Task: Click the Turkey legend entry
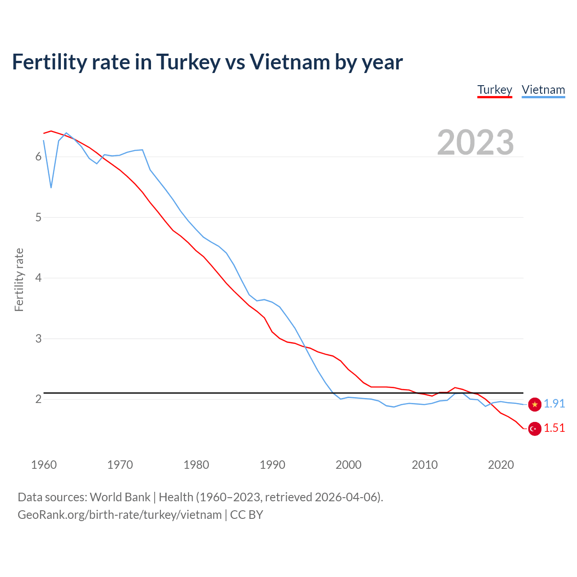tap(495, 90)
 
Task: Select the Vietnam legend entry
tap(543, 90)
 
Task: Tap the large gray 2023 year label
tap(475, 142)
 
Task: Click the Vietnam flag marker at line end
tap(535, 404)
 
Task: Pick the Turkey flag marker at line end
tap(535, 429)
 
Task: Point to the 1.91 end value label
tap(554, 404)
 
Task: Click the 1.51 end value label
tap(554, 428)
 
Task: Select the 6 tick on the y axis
tap(38, 157)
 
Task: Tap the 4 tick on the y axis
tap(38, 278)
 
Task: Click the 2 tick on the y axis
tap(38, 399)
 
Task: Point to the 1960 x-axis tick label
tap(44, 465)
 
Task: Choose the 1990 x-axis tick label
tap(272, 465)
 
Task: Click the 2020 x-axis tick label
tap(501, 465)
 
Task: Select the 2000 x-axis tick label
tap(348, 465)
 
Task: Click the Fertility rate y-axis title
tap(19, 279)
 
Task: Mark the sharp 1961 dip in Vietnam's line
tap(51, 187)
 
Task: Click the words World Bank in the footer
tap(120, 497)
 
